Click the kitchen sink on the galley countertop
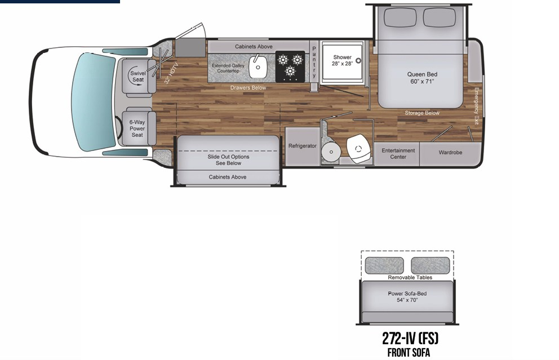[260, 67]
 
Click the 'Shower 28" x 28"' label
[342, 60]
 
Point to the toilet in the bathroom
[358, 147]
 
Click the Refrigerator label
[303, 146]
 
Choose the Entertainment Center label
[398, 153]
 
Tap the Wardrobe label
[451, 152]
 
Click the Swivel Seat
[137, 76]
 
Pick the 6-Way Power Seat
[137, 128]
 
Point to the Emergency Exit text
[476, 105]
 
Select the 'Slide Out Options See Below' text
[228, 160]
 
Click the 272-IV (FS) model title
[410, 339]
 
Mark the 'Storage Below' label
[422, 113]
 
